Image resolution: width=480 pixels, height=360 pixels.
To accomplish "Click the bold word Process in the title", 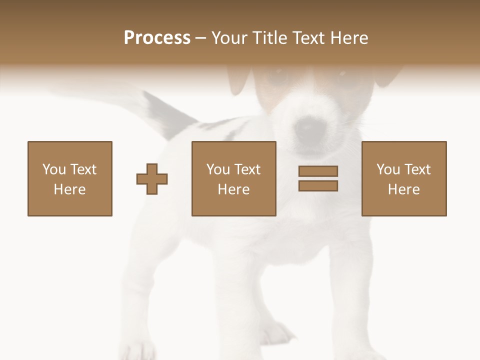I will click(157, 38).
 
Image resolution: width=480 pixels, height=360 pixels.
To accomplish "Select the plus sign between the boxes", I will click(152, 179).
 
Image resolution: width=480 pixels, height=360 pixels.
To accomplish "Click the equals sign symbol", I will click(318, 178).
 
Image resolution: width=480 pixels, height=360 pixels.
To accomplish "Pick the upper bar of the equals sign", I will click(318, 171).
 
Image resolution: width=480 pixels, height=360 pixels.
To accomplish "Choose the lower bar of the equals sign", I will click(318, 186).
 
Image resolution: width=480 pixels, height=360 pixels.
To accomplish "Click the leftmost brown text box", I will click(70, 178).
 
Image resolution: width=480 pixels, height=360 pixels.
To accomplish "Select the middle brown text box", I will click(233, 178).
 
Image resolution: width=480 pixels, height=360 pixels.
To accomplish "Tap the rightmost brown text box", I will click(403, 178).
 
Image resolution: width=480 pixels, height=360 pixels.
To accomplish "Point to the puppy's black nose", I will click(305, 129).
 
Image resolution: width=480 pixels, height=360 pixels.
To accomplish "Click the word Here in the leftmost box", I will click(69, 189).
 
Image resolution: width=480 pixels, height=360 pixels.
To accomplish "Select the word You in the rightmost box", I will click(388, 169).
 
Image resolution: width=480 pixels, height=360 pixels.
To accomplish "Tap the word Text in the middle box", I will click(247, 169).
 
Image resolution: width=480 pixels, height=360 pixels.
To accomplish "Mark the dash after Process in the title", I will click(200, 38).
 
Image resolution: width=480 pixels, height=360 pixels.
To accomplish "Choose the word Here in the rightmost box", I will click(403, 189).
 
